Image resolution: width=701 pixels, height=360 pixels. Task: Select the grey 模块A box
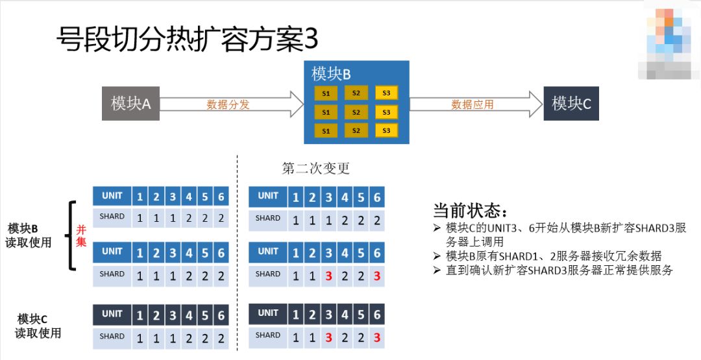(x=130, y=103)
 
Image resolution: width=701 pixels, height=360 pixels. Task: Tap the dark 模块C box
(x=571, y=103)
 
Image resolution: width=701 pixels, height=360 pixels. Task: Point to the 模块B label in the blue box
(x=331, y=73)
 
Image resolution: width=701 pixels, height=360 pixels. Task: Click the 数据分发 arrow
(x=230, y=104)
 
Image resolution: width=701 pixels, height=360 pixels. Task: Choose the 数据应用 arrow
(x=474, y=104)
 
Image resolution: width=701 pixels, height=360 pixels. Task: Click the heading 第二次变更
(x=315, y=169)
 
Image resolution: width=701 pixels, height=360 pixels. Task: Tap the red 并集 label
(x=82, y=235)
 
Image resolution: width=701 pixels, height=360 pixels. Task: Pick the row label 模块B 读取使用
(x=29, y=235)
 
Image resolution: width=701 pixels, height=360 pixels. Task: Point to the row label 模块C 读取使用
(x=38, y=326)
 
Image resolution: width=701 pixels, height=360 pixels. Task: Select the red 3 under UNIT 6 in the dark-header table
(x=376, y=337)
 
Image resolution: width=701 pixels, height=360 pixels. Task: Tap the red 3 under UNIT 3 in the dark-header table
(x=328, y=337)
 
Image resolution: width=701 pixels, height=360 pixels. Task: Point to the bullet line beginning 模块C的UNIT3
(x=565, y=228)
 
